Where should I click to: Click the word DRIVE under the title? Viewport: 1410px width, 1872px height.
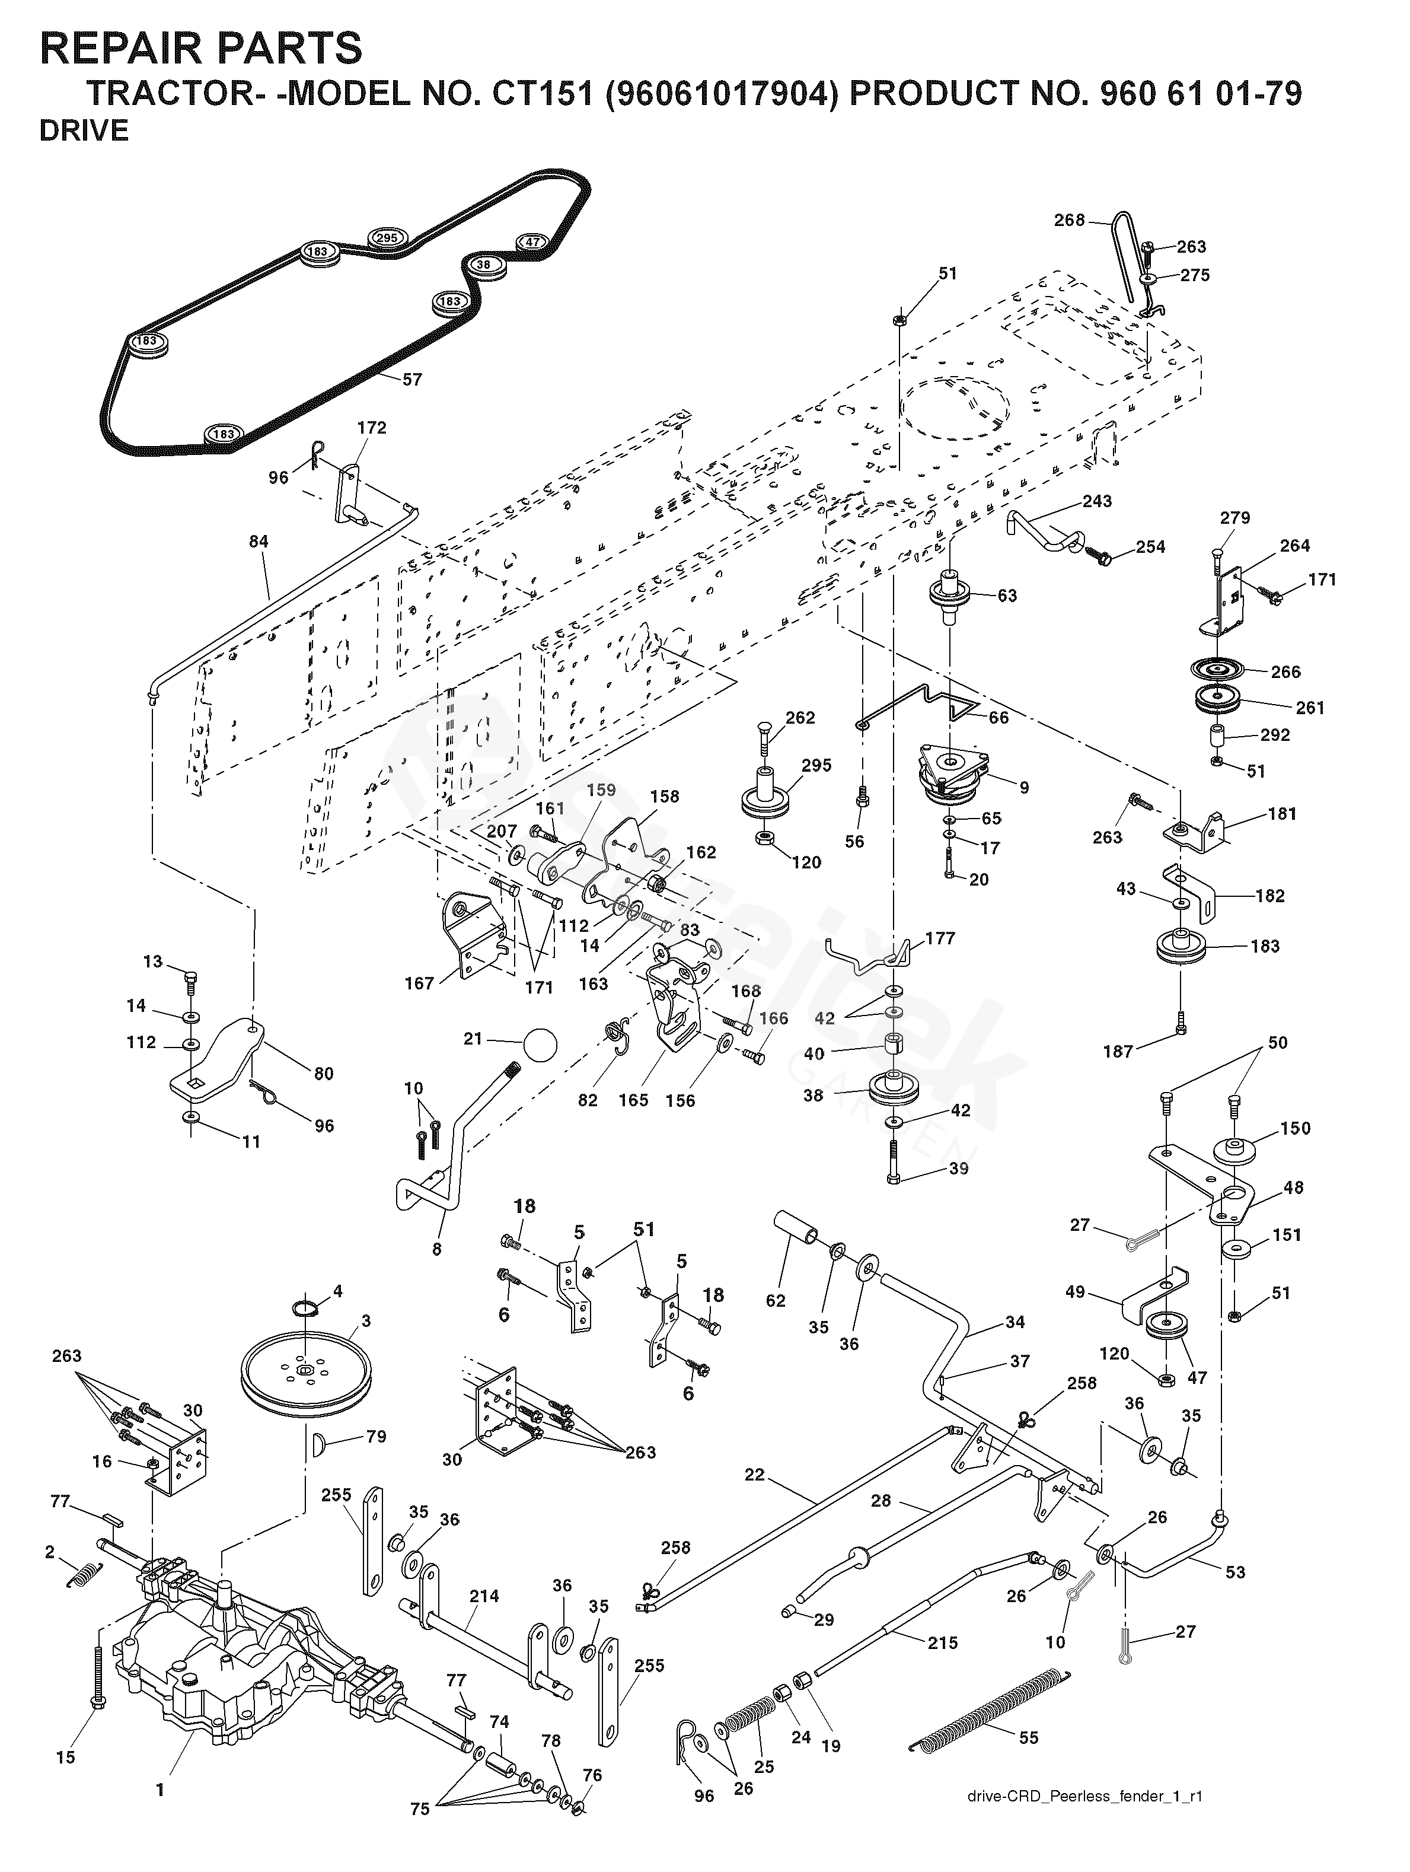coord(84,131)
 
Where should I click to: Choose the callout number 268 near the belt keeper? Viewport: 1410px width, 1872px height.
coord(1069,220)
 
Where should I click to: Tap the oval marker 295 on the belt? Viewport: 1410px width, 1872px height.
coord(387,238)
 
